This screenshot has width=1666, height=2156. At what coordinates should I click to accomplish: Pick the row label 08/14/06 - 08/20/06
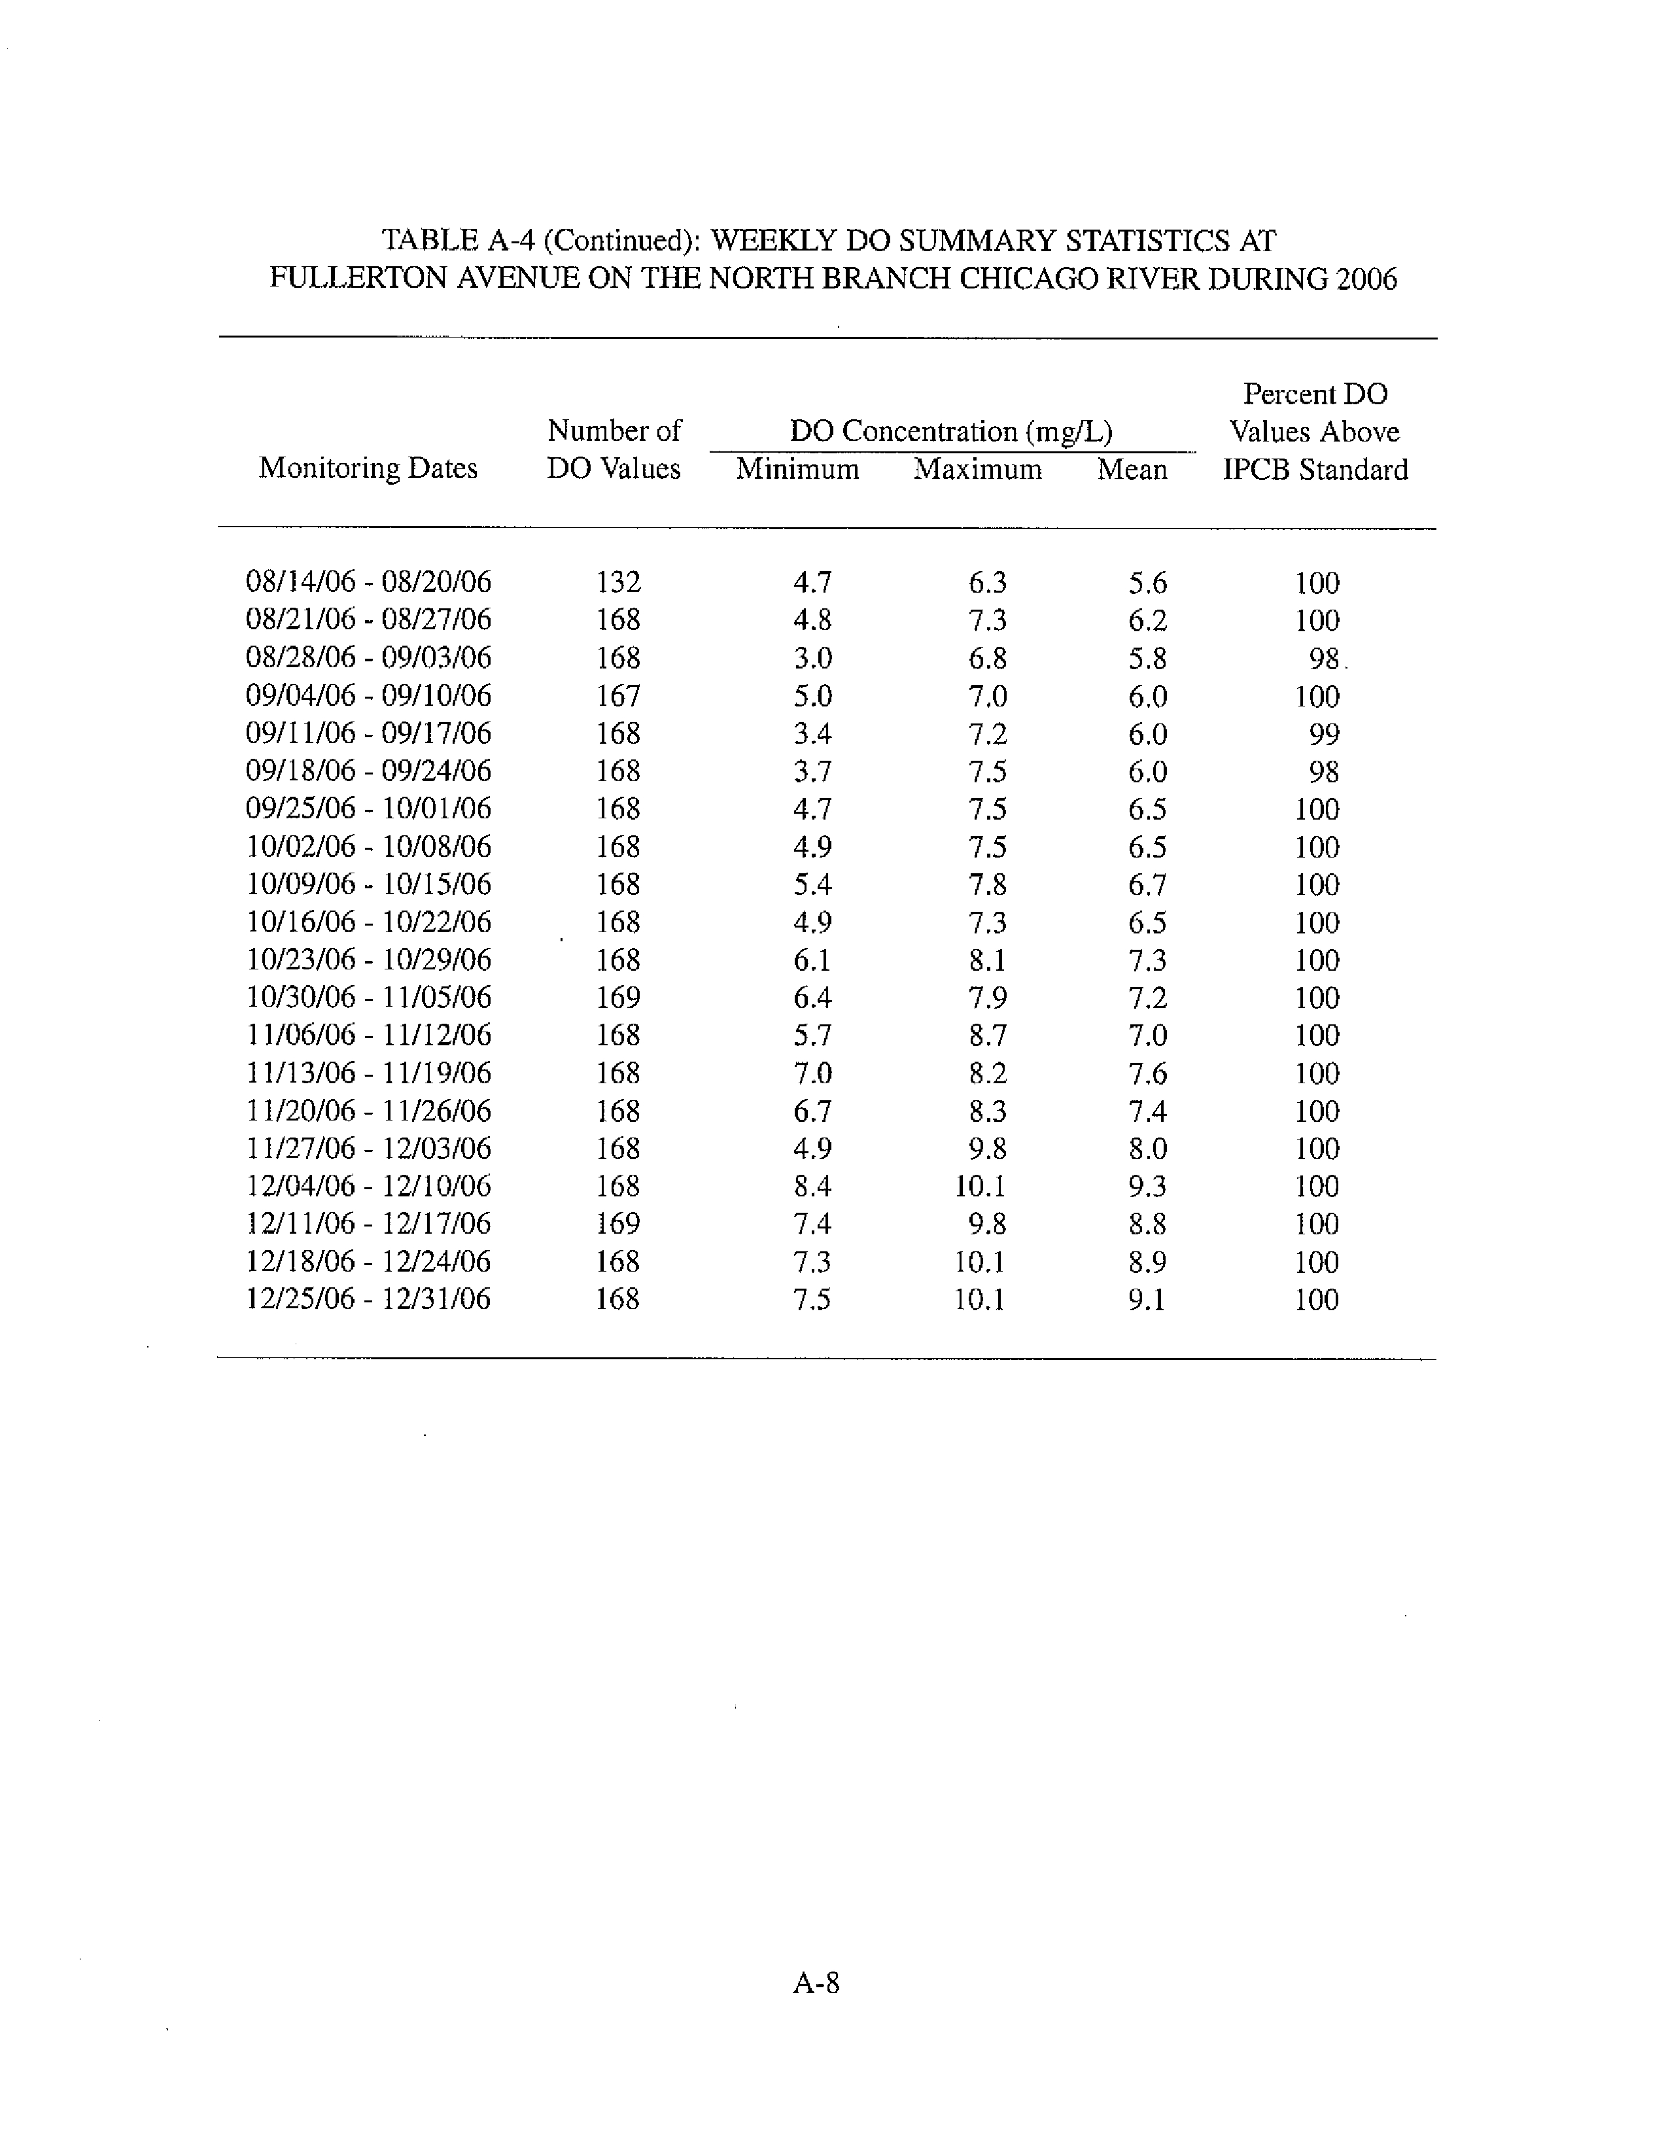point(368,582)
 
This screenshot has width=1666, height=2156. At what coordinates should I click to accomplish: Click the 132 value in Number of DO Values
point(618,582)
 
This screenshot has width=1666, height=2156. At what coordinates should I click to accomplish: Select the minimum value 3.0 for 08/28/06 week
point(812,657)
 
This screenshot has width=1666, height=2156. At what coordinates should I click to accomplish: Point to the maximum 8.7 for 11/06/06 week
point(987,1035)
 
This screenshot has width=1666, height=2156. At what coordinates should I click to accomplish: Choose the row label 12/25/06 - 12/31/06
point(368,1299)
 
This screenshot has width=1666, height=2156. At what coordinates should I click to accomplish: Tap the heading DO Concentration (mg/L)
point(950,432)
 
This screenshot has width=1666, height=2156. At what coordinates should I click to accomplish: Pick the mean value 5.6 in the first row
point(1147,582)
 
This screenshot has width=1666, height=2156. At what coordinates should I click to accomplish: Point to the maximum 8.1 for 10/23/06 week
point(987,960)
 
